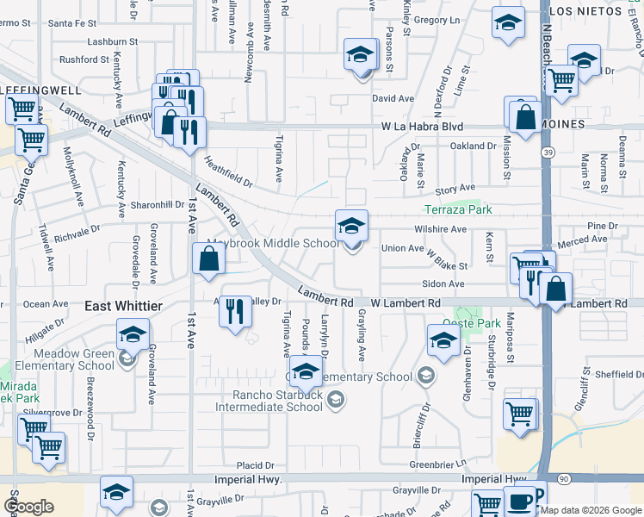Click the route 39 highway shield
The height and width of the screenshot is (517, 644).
548,153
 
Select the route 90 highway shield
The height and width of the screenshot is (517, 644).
563,477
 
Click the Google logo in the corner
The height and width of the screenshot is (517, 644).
29,507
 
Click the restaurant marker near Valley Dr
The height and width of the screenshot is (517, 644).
235,310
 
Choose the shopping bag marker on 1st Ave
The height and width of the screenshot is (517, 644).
209,259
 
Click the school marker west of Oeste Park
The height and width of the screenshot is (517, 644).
443,339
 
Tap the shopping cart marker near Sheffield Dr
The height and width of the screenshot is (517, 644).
520,414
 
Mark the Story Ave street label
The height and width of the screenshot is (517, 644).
455,188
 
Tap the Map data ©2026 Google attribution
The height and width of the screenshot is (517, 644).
591,510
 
